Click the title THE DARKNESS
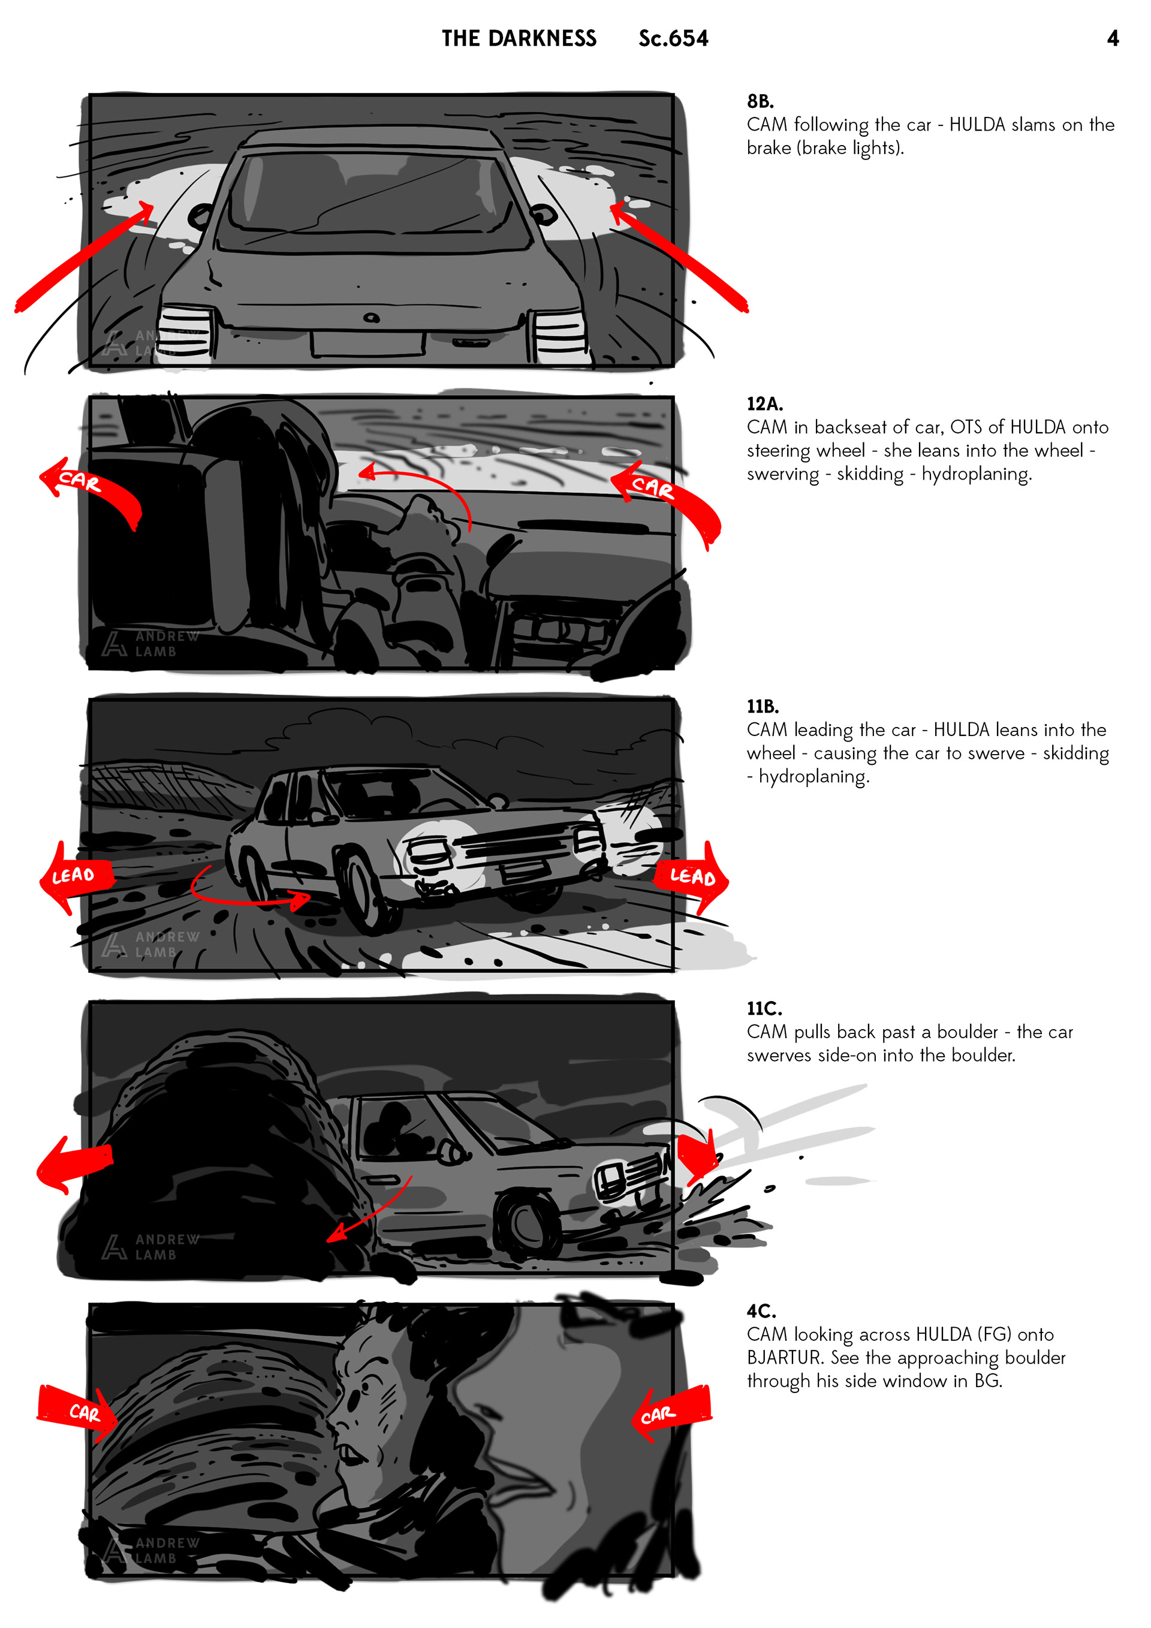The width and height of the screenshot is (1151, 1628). (x=519, y=38)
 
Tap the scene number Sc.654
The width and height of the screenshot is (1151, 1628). (x=673, y=38)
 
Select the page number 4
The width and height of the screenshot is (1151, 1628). (x=1113, y=38)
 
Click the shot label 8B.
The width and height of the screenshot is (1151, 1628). (x=760, y=101)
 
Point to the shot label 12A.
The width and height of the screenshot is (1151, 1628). (x=764, y=403)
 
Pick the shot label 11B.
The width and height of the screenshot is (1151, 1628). (x=763, y=706)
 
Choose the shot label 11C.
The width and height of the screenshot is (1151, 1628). (x=764, y=1008)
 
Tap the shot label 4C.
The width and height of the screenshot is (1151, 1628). (x=761, y=1311)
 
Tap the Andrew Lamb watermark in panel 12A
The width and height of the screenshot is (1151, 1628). (x=150, y=644)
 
